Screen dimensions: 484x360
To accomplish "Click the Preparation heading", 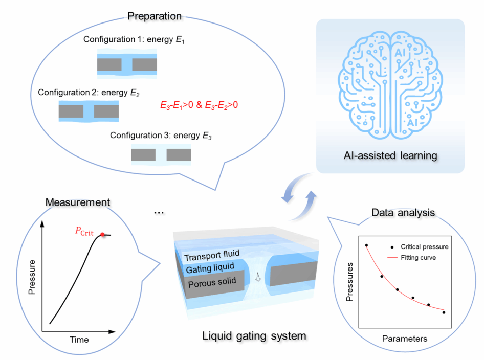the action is coord(155,16).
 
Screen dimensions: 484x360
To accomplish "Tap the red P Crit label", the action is coord(84,231).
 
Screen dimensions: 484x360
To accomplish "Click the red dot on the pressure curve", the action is coord(102,235).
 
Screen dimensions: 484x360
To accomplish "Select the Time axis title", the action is coord(79,340).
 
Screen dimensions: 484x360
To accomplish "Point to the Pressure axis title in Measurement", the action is coord(32,277).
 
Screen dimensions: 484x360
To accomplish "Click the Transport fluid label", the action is coord(212,255).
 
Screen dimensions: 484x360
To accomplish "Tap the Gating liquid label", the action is coord(210,268).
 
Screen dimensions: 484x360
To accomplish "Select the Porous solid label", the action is coord(212,282).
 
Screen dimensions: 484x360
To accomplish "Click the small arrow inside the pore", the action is coord(258,277).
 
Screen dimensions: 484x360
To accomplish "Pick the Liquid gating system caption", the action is coord(254,335).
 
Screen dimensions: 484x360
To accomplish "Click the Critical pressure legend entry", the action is coord(420,247).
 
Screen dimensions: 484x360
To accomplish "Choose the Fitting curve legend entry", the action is coord(412,258).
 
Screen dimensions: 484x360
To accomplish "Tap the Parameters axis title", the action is coord(405,339).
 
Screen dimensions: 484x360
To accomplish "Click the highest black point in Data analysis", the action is coord(366,245).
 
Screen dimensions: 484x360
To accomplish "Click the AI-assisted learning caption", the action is coord(390,155).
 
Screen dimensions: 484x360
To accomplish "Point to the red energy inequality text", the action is coord(199,105).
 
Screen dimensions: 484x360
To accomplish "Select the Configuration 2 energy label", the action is coord(89,93).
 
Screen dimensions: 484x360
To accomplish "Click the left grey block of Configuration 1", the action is coord(109,65).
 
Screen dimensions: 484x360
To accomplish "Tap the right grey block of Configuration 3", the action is coord(179,155).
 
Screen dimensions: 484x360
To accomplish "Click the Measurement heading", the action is coord(78,202).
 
